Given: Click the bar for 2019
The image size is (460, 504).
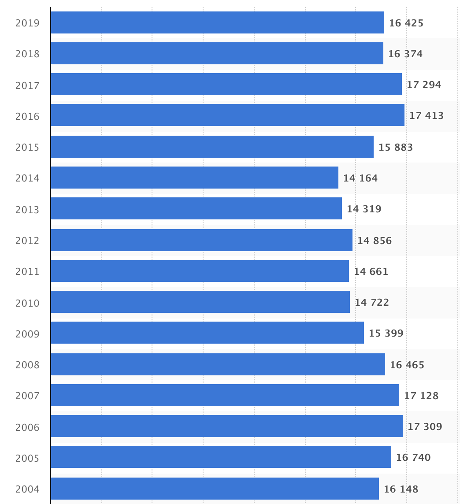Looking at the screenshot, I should tap(217, 22).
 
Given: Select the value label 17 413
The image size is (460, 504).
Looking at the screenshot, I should tap(426, 115).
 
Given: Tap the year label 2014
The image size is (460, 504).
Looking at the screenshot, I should tap(27, 178).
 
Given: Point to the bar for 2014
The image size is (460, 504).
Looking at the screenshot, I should tap(194, 178).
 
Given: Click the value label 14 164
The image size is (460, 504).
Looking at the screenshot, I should tap(360, 178).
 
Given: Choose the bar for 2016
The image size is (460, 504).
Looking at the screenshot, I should tap(227, 115).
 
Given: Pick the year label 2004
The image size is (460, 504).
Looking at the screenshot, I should tap(27, 489).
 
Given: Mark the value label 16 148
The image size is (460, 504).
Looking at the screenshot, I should tap(401, 489).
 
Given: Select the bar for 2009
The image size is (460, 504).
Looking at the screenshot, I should tap(207, 333).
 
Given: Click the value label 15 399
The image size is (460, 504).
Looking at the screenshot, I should tap(386, 333).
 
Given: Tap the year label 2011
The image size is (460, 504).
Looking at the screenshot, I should tap(27, 272).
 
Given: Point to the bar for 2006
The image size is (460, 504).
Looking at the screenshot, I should tap(226, 426).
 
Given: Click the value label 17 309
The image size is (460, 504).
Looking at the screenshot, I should tap(424, 426).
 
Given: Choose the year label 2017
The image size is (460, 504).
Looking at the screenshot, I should tap(27, 85).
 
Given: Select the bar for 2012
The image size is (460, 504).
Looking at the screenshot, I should tap(201, 240).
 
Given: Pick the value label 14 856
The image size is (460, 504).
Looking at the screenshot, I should tap(374, 241).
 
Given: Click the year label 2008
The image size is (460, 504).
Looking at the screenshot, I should tap(27, 365).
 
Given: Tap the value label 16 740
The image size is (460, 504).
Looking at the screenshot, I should tap(413, 457).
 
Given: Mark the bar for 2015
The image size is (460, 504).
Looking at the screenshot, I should tap(212, 147).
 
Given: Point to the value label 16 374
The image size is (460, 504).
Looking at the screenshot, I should tap(405, 54).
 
